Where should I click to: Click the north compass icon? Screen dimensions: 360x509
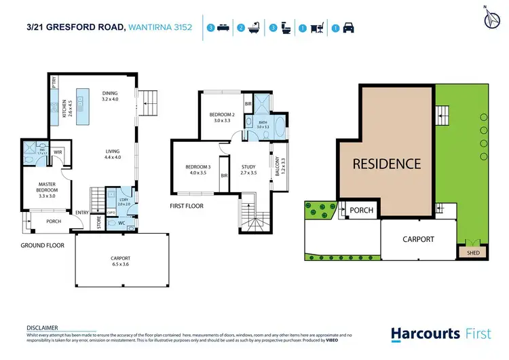489,18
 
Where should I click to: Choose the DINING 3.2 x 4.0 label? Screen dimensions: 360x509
110,96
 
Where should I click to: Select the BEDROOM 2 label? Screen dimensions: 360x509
221,117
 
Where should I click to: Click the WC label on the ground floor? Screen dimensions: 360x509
123,222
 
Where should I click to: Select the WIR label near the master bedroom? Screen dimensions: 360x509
58,153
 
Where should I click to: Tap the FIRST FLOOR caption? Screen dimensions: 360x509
186,205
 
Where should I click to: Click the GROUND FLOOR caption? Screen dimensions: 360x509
42,245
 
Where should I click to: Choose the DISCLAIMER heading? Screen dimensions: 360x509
42,327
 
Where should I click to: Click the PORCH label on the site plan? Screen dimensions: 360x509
362,210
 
